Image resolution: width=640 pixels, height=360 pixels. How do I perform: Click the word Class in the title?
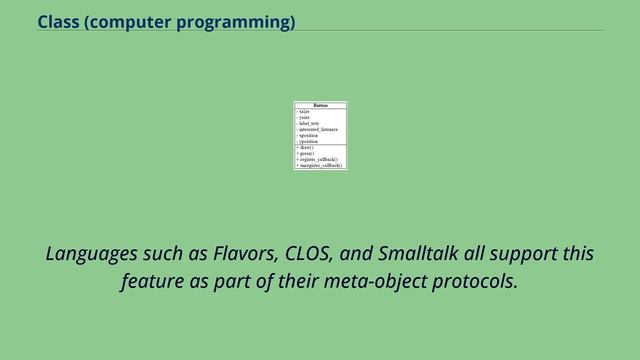(58, 21)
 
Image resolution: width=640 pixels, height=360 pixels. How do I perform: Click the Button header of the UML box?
(320, 105)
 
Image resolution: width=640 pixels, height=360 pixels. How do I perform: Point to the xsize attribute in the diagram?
(304, 111)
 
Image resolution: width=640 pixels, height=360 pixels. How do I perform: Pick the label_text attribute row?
(309, 123)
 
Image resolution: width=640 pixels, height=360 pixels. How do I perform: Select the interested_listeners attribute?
(318, 129)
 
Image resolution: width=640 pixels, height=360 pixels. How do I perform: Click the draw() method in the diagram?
(305, 147)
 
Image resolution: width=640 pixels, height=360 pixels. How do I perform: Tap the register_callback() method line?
(318, 159)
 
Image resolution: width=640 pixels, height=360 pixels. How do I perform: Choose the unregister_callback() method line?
(320, 165)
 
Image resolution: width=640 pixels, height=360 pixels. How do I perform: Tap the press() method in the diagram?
(306, 153)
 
